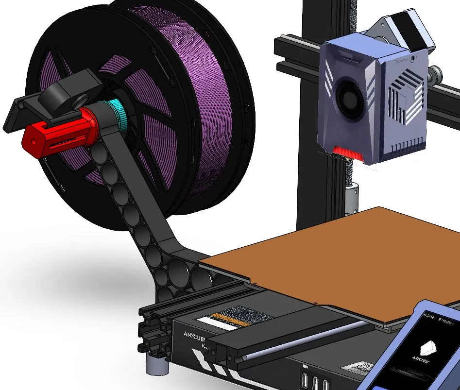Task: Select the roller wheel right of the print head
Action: (438, 74)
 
